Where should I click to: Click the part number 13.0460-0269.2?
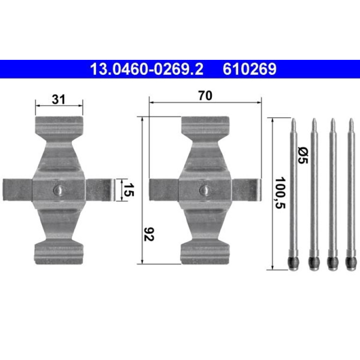tap(147, 69)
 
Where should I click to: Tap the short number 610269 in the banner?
tap(250, 69)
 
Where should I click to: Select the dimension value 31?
tap(58, 100)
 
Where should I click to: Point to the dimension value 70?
tap(206, 96)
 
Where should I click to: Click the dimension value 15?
tap(129, 190)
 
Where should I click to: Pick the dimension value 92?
tap(149, 234)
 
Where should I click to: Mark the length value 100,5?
tap(280, 193)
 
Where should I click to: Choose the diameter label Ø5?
tap(303, 156)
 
